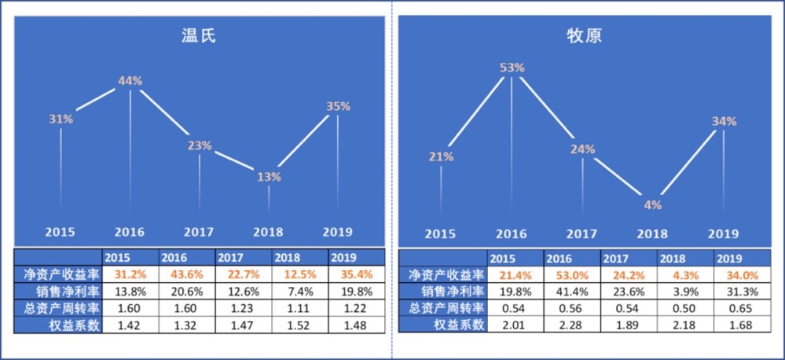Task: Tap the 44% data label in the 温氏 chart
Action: pos(130,80)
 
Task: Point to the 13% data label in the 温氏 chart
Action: pos(269,177)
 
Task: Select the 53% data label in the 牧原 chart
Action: pos(512,68)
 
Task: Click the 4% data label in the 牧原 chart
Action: pos(652,204)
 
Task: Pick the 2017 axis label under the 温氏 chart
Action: pos(199,232)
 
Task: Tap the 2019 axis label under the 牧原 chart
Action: pos(723,233)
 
